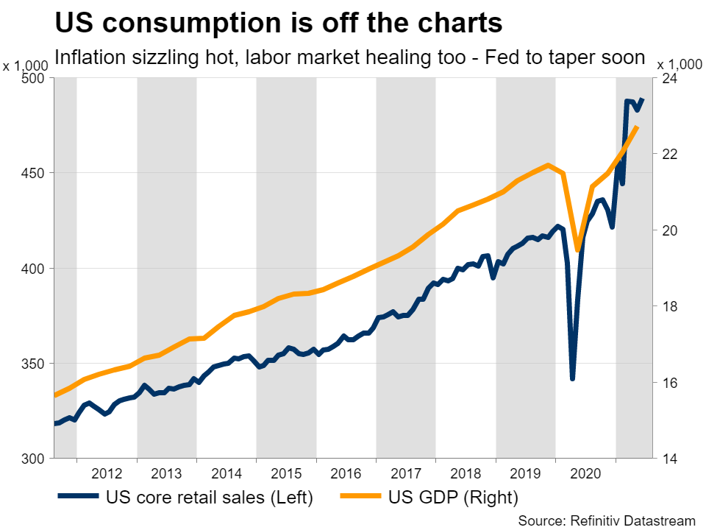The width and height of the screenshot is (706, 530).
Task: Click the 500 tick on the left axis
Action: pos(35,78)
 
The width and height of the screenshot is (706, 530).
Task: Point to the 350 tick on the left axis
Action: pos(35,364)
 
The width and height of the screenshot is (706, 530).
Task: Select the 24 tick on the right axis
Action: pos(670,78)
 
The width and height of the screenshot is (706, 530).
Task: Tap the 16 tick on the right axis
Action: pos(670,383)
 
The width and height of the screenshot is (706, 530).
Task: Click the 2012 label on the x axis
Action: pos(107,473)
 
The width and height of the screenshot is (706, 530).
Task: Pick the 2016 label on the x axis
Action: pos(346,473)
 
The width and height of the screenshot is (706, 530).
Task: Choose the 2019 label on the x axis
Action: pos(525,473)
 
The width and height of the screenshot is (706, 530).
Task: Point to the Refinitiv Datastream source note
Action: pos(608,520)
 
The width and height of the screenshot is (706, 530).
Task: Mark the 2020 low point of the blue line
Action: pos(572,379)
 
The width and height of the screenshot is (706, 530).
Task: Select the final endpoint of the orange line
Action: pos(638,127)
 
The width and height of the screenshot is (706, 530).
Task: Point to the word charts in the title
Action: pos(458,24)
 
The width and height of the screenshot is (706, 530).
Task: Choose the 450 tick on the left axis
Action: pos(35,173)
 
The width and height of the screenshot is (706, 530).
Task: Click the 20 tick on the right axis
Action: pos(670,230)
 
